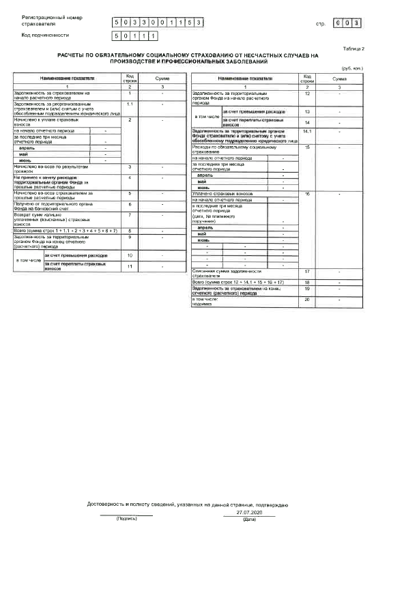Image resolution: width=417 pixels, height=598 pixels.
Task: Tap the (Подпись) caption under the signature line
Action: click(127, 519)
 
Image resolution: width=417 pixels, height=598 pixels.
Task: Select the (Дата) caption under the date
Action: click(249, 519)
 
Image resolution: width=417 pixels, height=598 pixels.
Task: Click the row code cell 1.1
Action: click(129, 104)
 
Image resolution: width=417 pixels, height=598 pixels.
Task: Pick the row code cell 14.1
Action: click(307, 131)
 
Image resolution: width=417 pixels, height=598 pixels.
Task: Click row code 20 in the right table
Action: click(307, 300)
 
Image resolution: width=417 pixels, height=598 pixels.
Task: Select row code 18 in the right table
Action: click(307, 282)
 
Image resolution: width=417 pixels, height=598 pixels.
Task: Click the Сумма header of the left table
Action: click(162, 80)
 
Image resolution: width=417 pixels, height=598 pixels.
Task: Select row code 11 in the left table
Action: click(129, 266)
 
